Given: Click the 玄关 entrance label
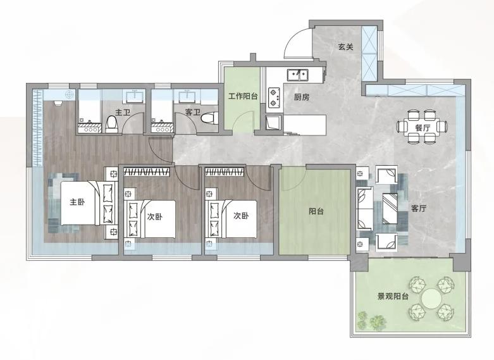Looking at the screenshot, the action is coord(345,47).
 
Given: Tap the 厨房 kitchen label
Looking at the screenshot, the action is coord(302,97).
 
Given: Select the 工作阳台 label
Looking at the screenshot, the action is coord(243,96).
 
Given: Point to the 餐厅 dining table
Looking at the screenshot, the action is coord(423,128).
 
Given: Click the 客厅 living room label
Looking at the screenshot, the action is coord(419,208).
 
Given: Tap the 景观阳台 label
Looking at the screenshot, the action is coord(393,296).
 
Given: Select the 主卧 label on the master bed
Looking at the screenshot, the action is coord(78,202).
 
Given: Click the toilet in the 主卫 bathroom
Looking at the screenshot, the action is coord(111,124).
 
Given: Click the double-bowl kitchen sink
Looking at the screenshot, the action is coord(298,75).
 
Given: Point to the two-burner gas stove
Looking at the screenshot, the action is coord(273,97).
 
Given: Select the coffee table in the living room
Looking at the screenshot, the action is coord(390,208).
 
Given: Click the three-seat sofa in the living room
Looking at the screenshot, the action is coord(365,208).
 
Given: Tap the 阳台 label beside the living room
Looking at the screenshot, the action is coord(316,211).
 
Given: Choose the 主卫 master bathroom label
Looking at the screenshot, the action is coord(123,112).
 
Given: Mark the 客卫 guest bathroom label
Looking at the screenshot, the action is coord(193,111).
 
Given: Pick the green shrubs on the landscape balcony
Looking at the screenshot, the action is coord(372,320).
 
